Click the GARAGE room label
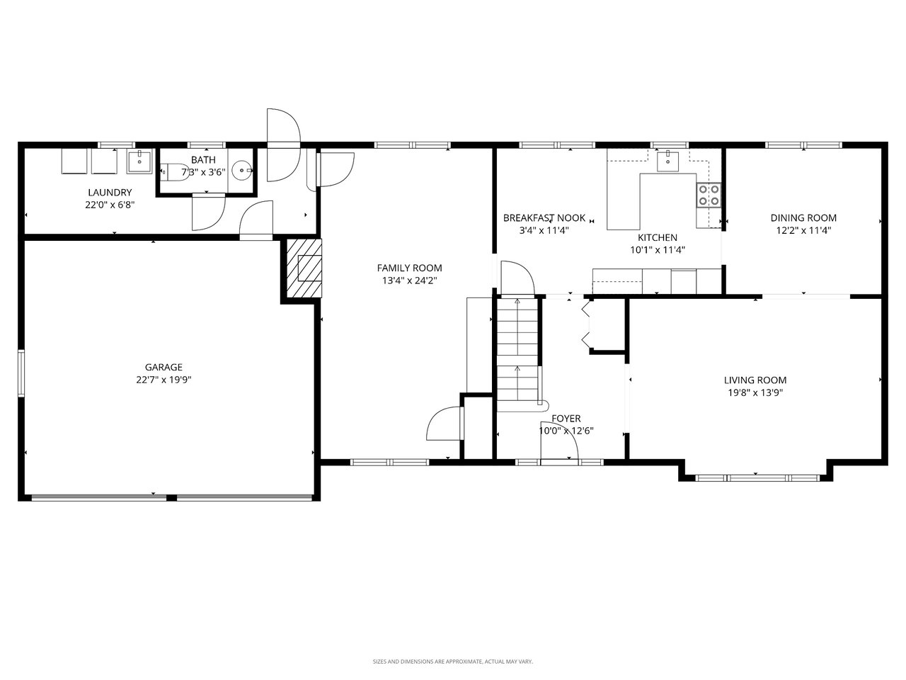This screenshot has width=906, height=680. (x=164, y=367)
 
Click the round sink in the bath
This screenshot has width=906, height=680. (x=243, y=171)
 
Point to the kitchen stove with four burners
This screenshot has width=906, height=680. (x=709, y=195)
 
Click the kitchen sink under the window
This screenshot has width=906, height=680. (x=667, y=161)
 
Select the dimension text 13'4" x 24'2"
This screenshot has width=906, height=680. (x=409, y=280)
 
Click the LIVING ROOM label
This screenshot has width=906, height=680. (x=755, y=380)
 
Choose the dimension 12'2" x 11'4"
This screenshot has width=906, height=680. (x=803, y=230)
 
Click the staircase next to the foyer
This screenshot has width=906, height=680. (x=517, y=351)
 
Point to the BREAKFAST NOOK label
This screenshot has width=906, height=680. (x=544, y=218)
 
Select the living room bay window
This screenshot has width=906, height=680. (x=755, y=477)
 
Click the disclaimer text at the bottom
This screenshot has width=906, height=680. (x=453, y=662)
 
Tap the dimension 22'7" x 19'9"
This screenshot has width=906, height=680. (x=164, y=380)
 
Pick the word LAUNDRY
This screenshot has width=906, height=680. (x=110, y=193)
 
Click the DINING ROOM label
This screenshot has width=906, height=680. (x=803, y=218)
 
